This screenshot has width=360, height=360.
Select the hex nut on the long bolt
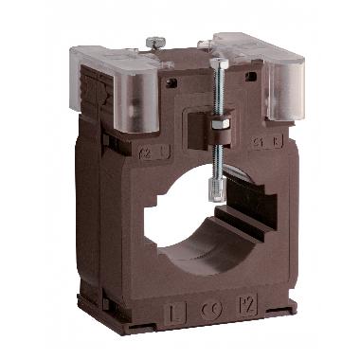[225, 125]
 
